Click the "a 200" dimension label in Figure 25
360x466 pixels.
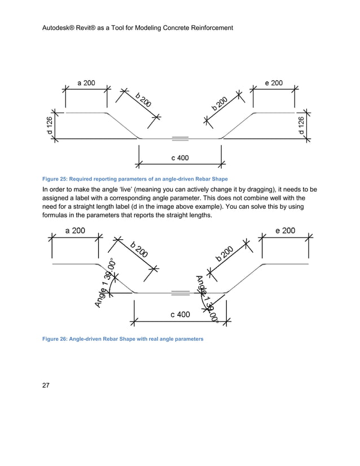(86, 83)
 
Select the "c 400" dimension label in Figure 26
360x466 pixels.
(180, 314)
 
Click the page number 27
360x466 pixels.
(46, 386)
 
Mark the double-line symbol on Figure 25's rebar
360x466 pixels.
(180, 137)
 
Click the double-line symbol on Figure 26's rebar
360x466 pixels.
(180, 293)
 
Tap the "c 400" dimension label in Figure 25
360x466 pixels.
(180, 158)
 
